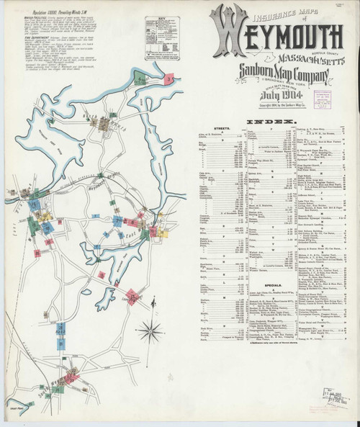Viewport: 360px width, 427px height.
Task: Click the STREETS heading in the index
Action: pos(243,129)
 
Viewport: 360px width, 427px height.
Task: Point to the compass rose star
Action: pos(151,332)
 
